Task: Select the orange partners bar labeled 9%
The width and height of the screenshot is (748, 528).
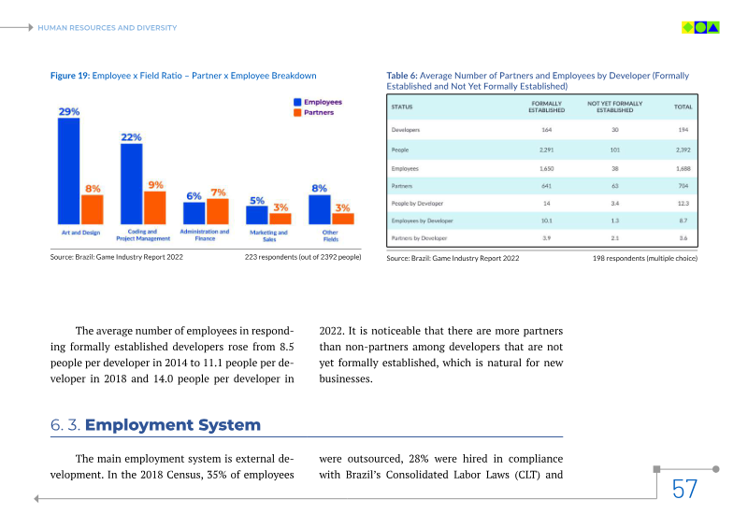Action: (x=153, y=207)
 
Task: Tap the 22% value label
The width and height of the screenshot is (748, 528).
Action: (x=132, y=137)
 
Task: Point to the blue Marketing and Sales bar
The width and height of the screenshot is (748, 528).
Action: (x=257, y=215)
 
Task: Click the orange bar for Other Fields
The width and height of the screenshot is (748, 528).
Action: (x=343, y=219)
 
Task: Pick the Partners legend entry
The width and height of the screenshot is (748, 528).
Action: (x=318, y=112)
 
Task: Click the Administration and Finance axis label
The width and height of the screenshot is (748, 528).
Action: (x=205, y=235)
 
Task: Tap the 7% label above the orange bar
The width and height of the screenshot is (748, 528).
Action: (x=218, y=192)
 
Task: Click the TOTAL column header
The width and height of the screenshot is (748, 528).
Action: (x=683, y=107)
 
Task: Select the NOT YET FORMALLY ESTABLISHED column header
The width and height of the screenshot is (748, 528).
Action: (x=614, y=107)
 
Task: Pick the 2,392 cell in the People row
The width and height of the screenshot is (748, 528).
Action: (x=683, y=149)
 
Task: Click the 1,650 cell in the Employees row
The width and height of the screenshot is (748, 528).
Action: (x=547, y=168)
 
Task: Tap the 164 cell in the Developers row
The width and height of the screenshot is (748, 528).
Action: (x=547, y=129)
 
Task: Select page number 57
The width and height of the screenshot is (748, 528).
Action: (x=684, y=489)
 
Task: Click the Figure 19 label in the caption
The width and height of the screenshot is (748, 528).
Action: (x=69, y=75)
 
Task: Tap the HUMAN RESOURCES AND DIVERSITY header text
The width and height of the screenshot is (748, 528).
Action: (x=107, y=28)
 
